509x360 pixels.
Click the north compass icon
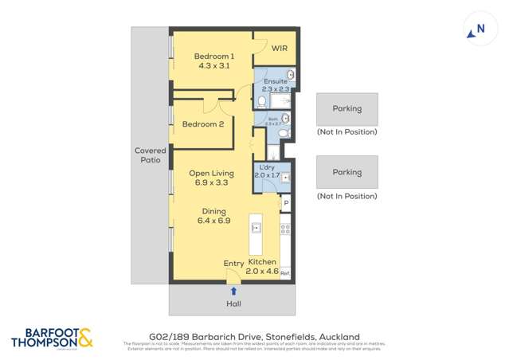pos(476,30)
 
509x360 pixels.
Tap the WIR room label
pos(279,49)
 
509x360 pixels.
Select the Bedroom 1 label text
pos(214,61)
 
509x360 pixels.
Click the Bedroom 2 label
pos(202,124)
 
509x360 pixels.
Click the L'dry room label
pos(267,170)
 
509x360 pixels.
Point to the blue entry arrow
pos(233,292)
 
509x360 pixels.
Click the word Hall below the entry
pos(233,303)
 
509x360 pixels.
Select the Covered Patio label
pos(150,155)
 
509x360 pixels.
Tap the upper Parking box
pos(347,109)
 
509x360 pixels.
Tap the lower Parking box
pos(347,172)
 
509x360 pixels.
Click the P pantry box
pos(285,204)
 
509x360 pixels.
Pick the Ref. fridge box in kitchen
pos(285,272)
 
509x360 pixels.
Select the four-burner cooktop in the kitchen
pos(285,229)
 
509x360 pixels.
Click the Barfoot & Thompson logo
pos(52,338)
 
